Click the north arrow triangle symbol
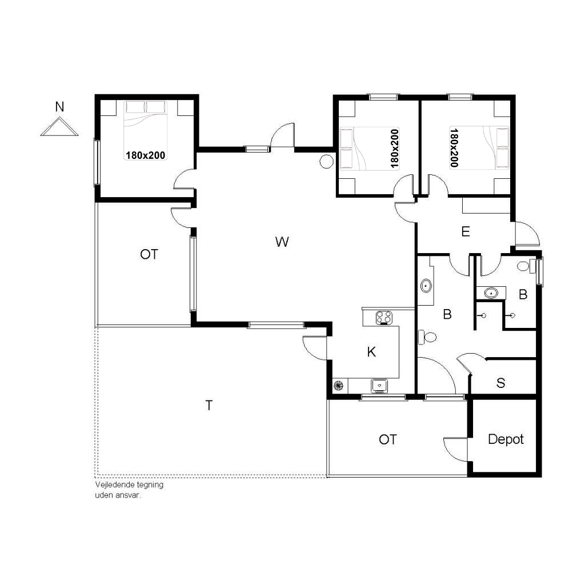tap(59, 127)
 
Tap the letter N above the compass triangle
tap(59, 107)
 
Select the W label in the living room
tap(282, 242)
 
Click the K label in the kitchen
tap(371, 352)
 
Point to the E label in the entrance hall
tap(465, 232)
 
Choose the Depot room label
tap(506, 439)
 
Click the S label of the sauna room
tap(500, 383)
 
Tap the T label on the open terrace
tap(209, 405)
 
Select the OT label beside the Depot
tap(388, 439)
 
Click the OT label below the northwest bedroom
tap(149, 254)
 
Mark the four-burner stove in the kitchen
tap(384, 318)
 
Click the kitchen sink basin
tap(379, 386)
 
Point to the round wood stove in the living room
tap(326, 161)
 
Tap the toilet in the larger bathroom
tap(427, 337)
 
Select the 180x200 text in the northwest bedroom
tap(146, 155)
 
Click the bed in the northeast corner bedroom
tap(479, 148)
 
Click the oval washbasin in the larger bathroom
tap(426, 286)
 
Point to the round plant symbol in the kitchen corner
tap(338, 386)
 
